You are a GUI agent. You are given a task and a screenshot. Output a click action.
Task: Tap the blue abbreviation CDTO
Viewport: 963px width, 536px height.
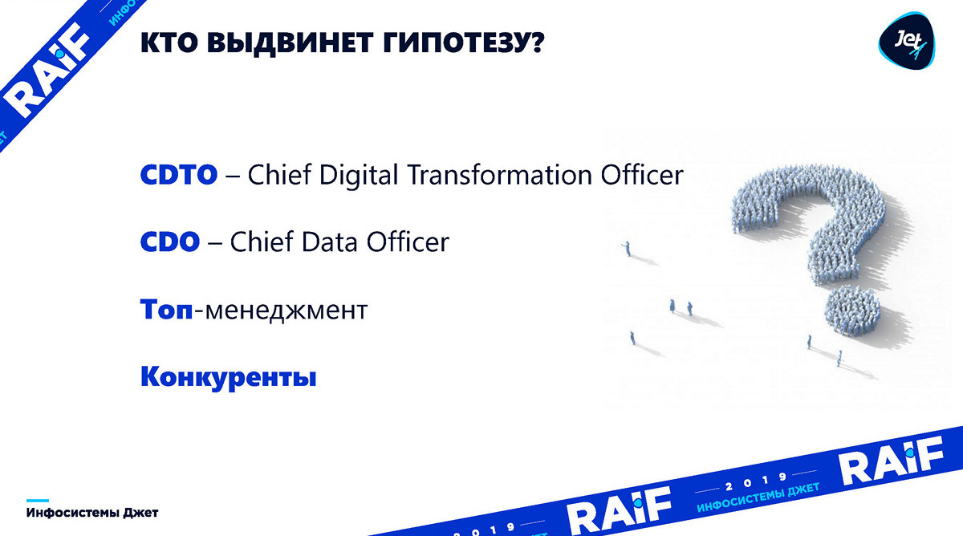point(179,174)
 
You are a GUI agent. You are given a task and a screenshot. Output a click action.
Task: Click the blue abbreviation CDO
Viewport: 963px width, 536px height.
point(170,242)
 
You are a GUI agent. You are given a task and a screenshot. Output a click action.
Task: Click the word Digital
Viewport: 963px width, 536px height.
point(359,176)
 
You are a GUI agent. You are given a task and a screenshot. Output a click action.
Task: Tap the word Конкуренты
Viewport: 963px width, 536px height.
point(228,377)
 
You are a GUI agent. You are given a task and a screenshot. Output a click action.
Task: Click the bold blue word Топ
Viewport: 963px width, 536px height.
point(166,309)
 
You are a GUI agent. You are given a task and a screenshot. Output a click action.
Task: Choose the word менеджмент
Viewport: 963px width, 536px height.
point(286,311)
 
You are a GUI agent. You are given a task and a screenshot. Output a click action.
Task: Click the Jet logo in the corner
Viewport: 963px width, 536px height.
point(906,41)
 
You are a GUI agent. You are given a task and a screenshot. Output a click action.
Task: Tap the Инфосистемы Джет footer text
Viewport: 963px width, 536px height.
point(92,513)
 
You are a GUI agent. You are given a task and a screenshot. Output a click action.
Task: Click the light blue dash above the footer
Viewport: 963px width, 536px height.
point(38,501)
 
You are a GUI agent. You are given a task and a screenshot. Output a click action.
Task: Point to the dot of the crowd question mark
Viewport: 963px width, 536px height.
point(851,311)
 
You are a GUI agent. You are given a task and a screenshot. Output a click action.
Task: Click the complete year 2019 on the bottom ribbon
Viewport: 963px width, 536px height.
point(756,482)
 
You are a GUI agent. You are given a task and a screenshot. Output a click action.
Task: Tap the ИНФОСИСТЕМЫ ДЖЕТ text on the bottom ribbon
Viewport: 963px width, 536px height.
point(758,497)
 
